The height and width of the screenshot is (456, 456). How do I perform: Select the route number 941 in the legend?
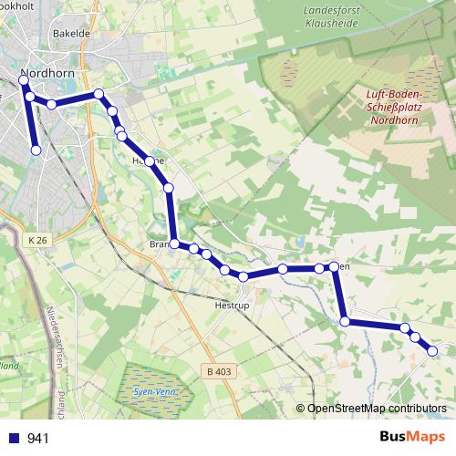(37, 439)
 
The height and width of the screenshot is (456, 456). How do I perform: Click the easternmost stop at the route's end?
(432, 350)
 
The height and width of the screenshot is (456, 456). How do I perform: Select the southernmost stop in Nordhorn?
(36, 150)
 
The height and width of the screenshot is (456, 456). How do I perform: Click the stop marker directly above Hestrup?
(244, 276)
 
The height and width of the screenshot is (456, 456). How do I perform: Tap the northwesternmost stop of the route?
(24, 82)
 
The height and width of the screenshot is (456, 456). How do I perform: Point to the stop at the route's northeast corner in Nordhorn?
(98, 94)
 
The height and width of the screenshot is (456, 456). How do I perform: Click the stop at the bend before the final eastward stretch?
(345, 320)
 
